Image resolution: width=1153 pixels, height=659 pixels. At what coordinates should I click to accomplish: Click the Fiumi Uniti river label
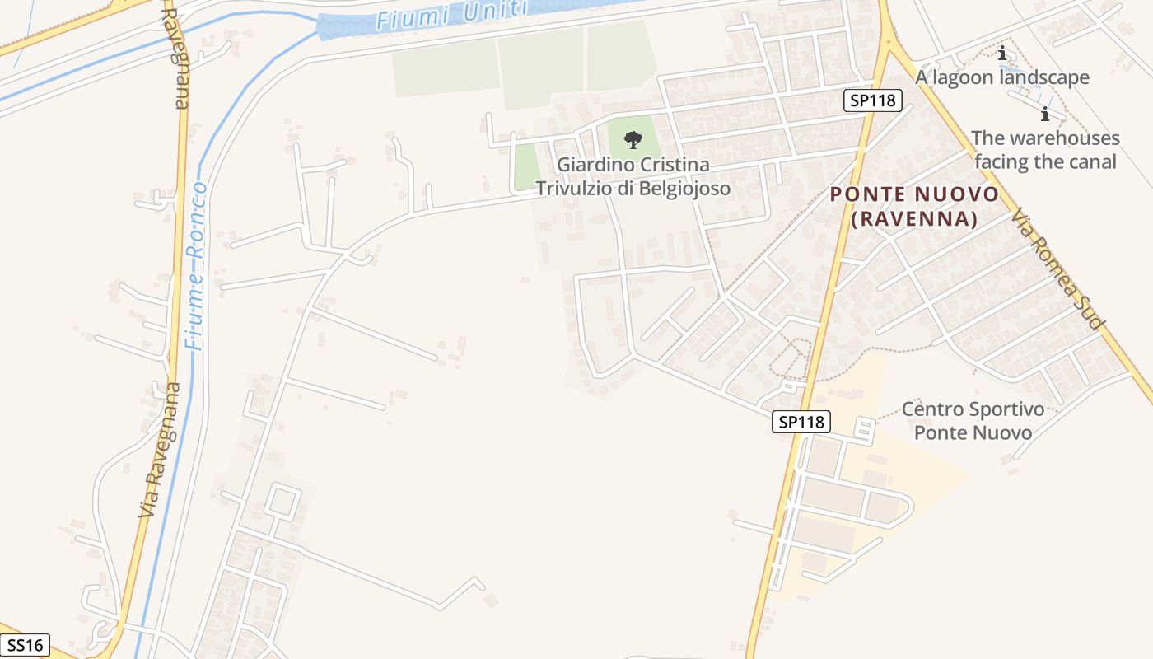(x=450, y=15)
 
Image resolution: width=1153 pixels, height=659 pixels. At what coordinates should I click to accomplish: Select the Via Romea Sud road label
(x=1057, y=269)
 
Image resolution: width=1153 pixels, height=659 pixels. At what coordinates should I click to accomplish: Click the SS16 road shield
(x=24, y=645)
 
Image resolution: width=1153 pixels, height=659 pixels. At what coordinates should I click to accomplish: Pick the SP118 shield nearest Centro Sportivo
(x=801, y=422)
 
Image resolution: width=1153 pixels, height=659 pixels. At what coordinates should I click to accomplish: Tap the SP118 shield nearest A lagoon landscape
(x=873, y=100)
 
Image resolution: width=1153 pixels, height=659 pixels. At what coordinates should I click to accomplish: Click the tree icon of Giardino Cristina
(x=633, y=139)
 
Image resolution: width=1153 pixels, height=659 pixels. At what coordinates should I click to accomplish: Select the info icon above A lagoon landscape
(x=1001, y=54)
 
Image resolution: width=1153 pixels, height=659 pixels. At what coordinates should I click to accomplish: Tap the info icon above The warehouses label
(x=1045, y=114)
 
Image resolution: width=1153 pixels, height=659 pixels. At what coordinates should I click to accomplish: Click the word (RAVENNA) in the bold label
(x=914, y=219)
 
